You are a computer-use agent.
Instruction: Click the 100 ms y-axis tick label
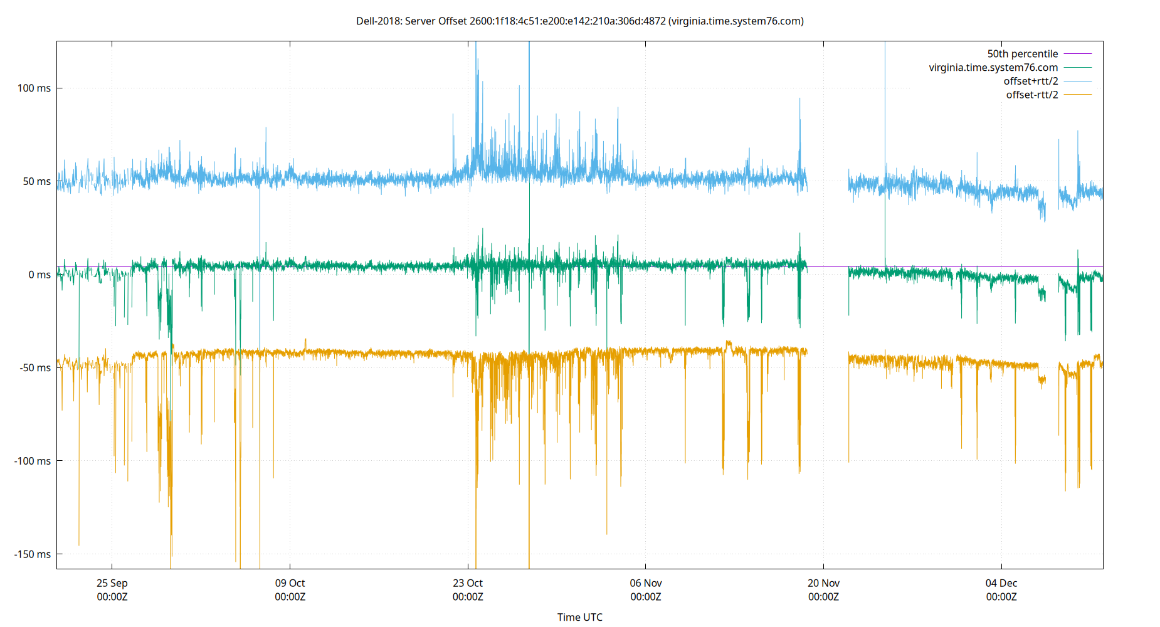(34, 88)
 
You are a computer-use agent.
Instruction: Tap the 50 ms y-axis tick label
(36, 182)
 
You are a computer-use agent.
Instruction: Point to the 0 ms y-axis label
(39, 275)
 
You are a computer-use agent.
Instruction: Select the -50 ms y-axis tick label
(35, 368)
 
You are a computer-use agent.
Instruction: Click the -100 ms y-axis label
(33, 461)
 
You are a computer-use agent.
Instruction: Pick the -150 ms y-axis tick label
(33, 554)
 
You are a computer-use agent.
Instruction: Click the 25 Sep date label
(112, 584)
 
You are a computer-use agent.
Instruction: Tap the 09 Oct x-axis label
(290, 584)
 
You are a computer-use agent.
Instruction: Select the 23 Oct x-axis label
(468, 584)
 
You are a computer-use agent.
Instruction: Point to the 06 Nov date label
(646, 584)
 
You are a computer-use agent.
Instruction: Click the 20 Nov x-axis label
(823, 584)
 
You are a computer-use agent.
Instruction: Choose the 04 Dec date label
(1001, 584)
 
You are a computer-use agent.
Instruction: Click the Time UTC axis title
(580, 618)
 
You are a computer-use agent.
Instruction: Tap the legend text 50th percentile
(1022, 54)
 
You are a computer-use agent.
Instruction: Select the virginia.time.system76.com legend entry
(993, 68)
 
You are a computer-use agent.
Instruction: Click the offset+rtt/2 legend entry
(1030, 82)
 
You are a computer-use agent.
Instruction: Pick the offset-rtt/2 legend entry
(1031, 95)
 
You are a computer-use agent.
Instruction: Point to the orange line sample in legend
(1078, 95)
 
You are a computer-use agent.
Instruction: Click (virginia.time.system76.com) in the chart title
(736, 21)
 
